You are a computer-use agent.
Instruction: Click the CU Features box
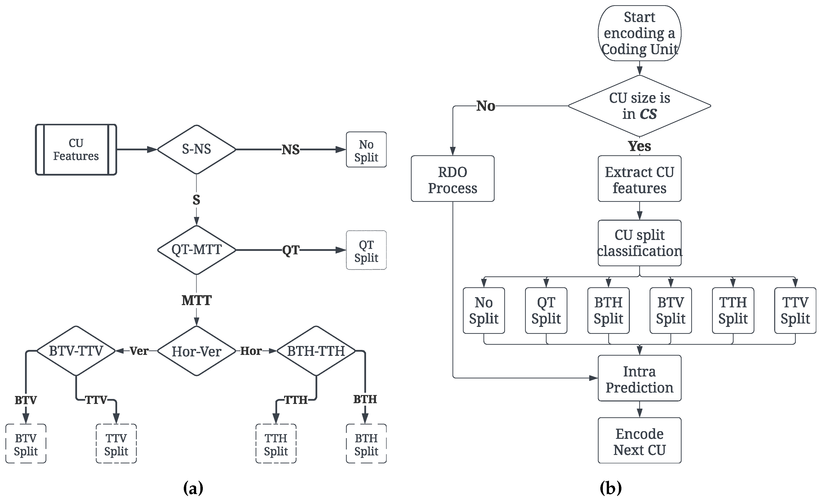tap(76, 150)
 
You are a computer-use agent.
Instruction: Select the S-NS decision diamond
tap(196, 149)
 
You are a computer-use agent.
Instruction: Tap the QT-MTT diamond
tap(196, 250)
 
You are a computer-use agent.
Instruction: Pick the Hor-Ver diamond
tap(196, 351)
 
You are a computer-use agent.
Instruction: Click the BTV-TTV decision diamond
tap(76, 351)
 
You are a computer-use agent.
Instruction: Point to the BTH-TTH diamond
tap(316, 351)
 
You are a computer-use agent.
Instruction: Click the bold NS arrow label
tap(291, 150)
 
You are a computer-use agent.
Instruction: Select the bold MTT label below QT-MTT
tap(196, 301)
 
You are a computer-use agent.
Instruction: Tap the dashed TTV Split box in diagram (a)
tap(116, 444)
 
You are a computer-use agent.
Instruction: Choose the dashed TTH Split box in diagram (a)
tap(276, 444)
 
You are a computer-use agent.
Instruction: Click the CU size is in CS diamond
tap(639, 106)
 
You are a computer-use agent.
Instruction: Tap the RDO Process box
tap(453, 179)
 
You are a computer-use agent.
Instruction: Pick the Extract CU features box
tap(639, 179)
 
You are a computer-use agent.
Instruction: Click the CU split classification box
tap(639, 243)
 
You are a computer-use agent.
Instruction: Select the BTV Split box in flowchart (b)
tap(670, 311)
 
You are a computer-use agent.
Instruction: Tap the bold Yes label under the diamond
tap(639, 146)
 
